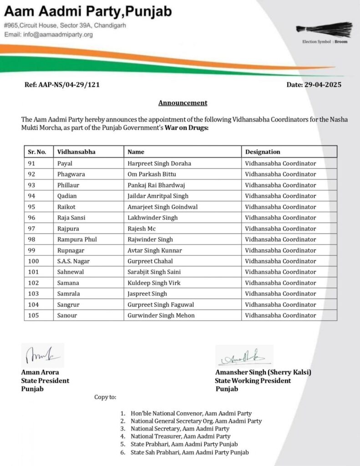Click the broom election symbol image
[x=324, y=29]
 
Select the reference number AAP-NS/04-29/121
[x=66, y=85]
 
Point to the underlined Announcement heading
[x=183, y=103]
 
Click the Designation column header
[x=263, y=152]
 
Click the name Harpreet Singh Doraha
[x=159, y=163]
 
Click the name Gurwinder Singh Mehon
[x=161, y=315]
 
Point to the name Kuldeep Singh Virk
[x=155, y=283]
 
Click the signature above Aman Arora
[x=42, y=355]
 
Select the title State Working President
[x=253, y=380]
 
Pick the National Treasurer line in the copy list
[x=180, y=436]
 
